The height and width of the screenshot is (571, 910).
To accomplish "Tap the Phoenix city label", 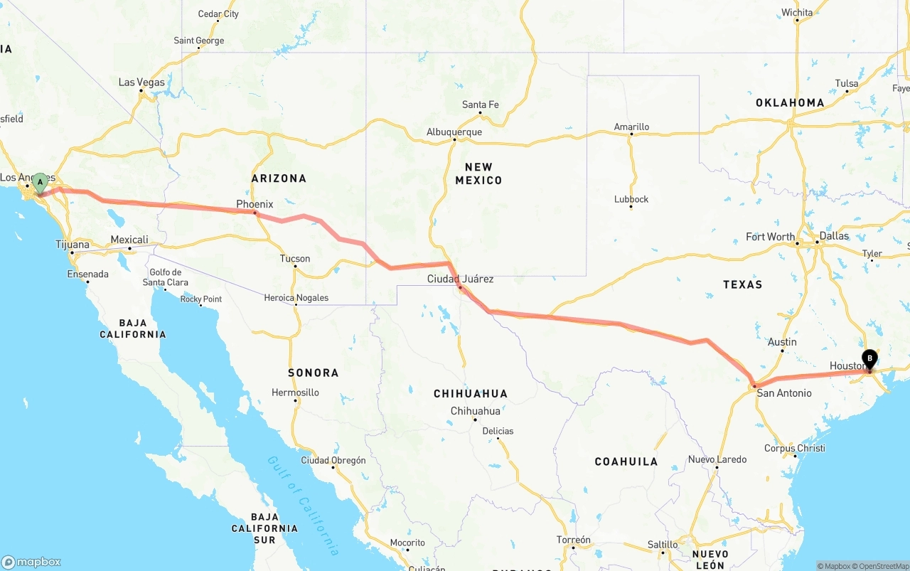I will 255,204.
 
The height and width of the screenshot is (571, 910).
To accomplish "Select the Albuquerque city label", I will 454,132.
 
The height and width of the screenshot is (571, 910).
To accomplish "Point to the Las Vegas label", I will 141,82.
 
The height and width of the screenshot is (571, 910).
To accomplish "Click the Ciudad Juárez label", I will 460,279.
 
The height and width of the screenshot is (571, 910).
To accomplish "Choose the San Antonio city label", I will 783,393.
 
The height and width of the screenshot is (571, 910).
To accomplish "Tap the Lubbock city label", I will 631,199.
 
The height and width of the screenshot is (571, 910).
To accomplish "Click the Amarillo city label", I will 631,127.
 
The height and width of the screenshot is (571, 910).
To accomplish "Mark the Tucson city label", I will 295,259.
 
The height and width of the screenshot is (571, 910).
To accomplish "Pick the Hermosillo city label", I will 295,393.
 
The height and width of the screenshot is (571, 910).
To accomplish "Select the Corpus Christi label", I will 794,449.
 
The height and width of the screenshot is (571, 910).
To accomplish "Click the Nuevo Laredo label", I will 717,459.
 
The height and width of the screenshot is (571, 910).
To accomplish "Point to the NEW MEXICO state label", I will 478,174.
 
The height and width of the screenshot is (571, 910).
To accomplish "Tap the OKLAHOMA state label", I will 790,102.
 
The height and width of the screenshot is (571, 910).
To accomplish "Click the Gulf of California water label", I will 303,504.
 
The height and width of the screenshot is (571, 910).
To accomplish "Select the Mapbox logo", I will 31,562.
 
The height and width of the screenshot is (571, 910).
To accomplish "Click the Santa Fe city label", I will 480,105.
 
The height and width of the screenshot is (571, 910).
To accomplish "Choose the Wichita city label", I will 796,13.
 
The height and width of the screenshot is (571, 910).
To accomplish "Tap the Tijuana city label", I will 73,245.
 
